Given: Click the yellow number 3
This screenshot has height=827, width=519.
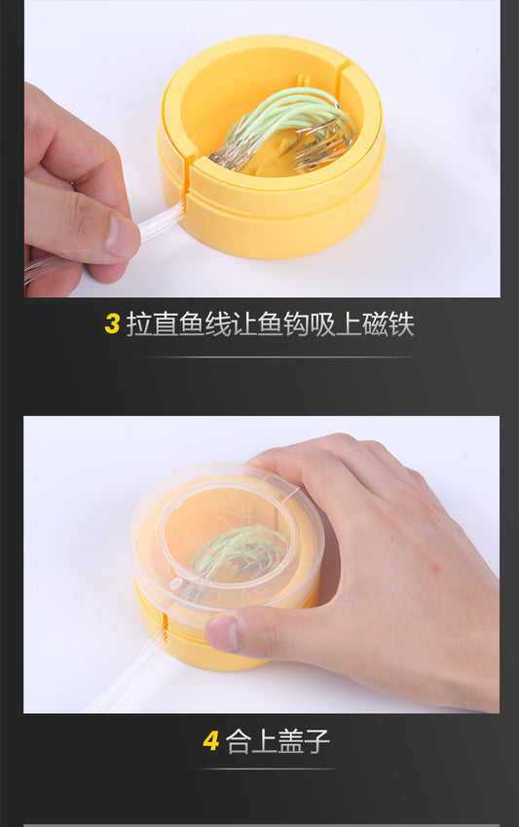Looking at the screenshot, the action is tap(112, 323).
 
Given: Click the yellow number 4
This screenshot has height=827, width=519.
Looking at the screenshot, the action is tap(210, 741).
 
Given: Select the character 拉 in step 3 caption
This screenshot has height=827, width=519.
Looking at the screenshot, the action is tap(139, 323).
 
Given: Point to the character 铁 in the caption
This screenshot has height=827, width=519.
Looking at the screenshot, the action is tap(401, 323).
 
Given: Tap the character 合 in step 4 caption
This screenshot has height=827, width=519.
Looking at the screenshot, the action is tap(239, 741).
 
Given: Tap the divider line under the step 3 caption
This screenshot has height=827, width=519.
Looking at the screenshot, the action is tap(276, 357).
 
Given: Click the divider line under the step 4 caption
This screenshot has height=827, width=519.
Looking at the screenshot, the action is tap(267, 769).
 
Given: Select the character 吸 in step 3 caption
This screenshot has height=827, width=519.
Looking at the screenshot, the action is tap(323, 323).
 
